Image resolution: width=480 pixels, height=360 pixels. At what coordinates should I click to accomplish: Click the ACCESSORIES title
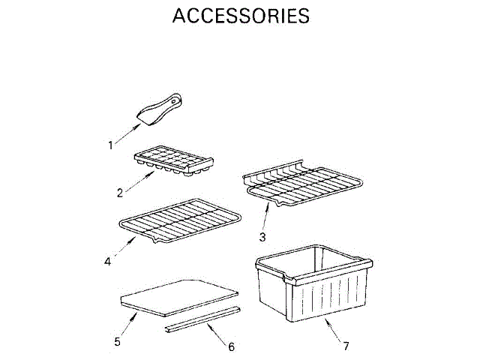pos(240,16)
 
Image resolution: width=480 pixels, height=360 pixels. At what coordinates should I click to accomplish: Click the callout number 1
pos(111,145)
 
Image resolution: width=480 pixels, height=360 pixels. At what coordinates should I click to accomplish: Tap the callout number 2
pos(120,193)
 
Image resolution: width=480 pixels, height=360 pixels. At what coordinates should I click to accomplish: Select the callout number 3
pos(262,238)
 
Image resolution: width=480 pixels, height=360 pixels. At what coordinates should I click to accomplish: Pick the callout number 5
pos(117,341)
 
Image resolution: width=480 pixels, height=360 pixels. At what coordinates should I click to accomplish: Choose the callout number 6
pos(231,347)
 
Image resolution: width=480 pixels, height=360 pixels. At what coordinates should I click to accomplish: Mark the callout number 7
pos(346,346)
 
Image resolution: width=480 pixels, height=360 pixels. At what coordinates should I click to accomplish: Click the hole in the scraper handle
pos(175,99)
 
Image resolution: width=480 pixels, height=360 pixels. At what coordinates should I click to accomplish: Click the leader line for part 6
pos(217,334)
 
